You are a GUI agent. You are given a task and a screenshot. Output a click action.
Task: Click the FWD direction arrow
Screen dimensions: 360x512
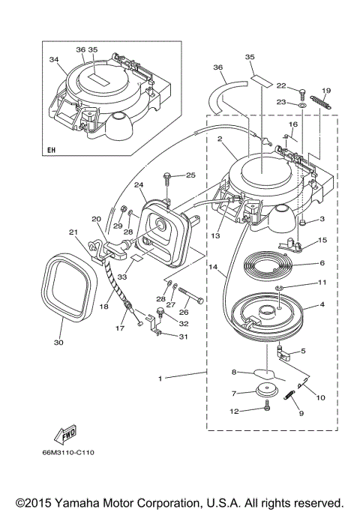(x=65, y=435)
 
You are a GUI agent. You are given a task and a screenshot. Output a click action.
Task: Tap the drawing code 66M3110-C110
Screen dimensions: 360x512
(x=68, y=452)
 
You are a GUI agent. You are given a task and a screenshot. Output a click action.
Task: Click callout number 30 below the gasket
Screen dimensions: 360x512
(x=58, y=343)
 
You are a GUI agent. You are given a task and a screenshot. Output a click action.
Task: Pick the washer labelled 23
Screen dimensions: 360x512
(x=302, y=105)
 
